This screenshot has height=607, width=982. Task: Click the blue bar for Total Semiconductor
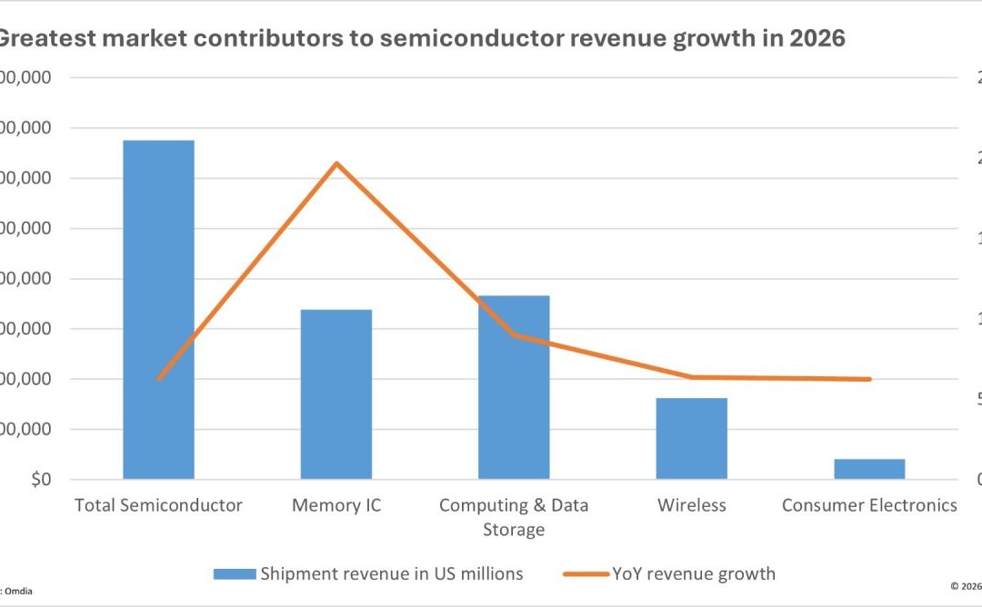coord(158,309)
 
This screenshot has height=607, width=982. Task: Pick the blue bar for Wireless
coord(691,438)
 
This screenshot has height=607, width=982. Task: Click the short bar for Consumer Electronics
coord(869,469)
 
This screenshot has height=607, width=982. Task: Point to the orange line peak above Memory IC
coord(336,164)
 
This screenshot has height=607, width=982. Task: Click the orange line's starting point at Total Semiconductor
coord(158,379)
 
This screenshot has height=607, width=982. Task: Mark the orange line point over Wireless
coord(691,377)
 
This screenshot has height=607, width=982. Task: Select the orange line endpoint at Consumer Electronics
coord(869,379)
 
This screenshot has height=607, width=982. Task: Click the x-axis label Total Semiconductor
coord(158,505)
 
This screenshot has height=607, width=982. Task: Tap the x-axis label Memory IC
coord(336,505)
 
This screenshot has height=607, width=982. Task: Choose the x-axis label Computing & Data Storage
coord(514,516)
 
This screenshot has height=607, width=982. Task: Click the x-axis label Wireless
coord(691,505)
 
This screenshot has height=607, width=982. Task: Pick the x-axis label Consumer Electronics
coord(869,505)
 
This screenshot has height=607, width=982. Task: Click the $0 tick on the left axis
coord(41,479)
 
